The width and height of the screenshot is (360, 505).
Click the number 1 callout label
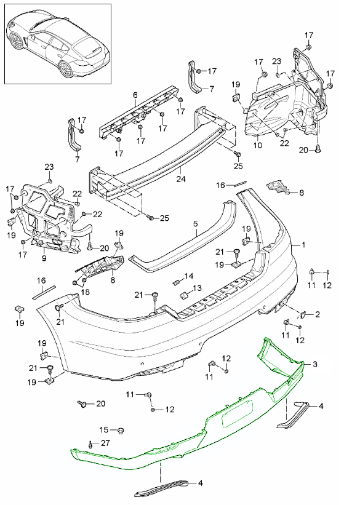[303, 245]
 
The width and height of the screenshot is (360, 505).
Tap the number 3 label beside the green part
[315, 364]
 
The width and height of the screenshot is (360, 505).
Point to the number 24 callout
[181, 178]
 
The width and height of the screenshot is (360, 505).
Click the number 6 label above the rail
[135, 95]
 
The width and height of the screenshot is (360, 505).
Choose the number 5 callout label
[196, 224]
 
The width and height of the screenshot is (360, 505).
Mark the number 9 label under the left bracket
[44, 258]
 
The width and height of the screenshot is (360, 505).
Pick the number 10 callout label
[258, 145]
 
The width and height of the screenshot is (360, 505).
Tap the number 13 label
[198, 288]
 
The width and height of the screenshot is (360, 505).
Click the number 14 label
[189, 276]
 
